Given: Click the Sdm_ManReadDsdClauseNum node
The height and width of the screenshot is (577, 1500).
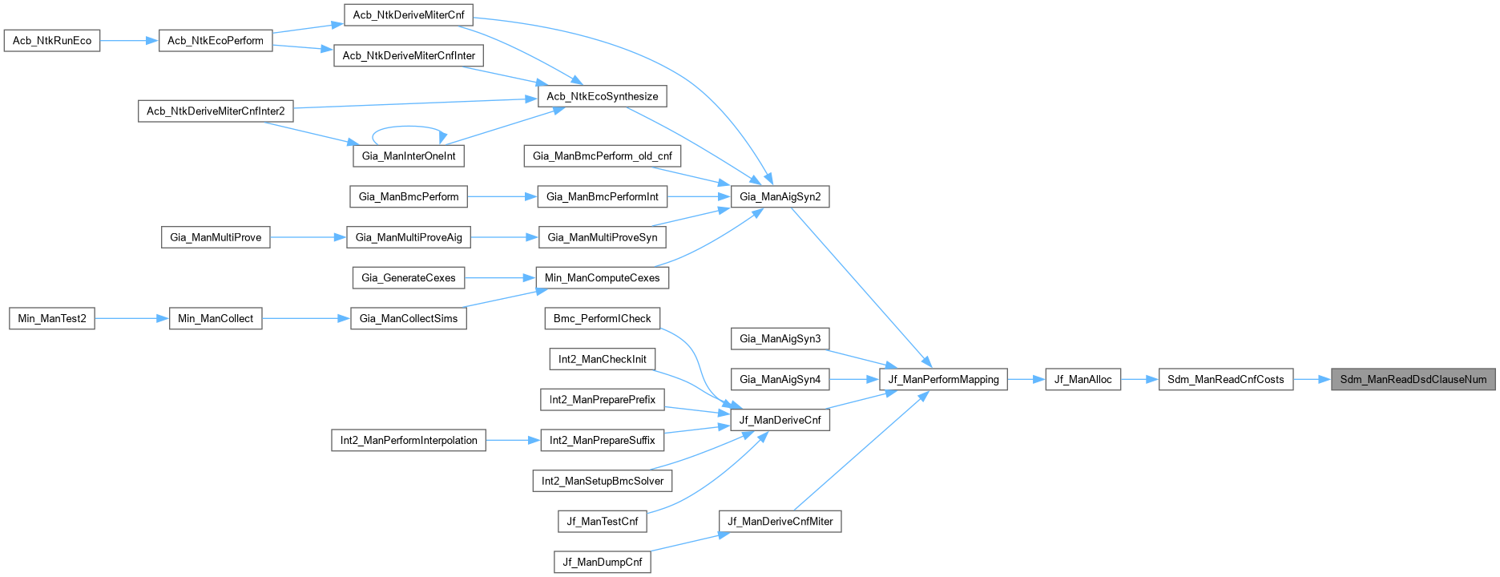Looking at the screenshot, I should coord(1413,379).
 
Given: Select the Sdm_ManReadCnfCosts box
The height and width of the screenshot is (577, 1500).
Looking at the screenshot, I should coord(1225,379).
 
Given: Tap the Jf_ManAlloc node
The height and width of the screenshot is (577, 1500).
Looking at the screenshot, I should coord(1083,379).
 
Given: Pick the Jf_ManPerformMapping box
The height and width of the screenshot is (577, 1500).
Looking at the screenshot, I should coord(943,379).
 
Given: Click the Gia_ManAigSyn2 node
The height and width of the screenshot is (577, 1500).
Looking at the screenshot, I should coord(780,196).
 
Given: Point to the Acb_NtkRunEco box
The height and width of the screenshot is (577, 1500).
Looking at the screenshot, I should coord(52,40).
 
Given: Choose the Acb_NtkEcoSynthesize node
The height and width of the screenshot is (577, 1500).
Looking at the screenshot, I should coord(602,96).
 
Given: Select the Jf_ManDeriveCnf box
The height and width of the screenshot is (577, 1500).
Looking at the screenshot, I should coord(780,419).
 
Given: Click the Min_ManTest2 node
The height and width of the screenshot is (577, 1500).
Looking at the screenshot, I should coord(52,318).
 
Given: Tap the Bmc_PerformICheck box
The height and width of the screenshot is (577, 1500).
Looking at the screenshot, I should coord(602,318).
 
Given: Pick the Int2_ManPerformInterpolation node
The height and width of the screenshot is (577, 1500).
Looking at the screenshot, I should coord(408,440).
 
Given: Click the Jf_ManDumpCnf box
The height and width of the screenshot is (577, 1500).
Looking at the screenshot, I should coord(602,562).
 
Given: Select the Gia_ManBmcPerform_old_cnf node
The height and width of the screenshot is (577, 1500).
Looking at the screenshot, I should coord(602,155).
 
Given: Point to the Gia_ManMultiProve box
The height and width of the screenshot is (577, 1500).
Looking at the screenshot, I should coord(216,237).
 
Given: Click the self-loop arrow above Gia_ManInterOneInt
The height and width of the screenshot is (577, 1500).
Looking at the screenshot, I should coord(409,127).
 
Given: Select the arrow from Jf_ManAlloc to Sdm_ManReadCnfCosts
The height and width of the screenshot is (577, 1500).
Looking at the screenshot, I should coord(1139,379).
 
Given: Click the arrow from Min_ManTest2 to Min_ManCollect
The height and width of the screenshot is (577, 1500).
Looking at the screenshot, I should coord(132,318).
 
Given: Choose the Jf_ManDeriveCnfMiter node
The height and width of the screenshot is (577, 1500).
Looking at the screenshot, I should coord(780,521).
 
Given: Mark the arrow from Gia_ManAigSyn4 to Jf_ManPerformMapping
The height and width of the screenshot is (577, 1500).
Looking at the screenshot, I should coord(854,379).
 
